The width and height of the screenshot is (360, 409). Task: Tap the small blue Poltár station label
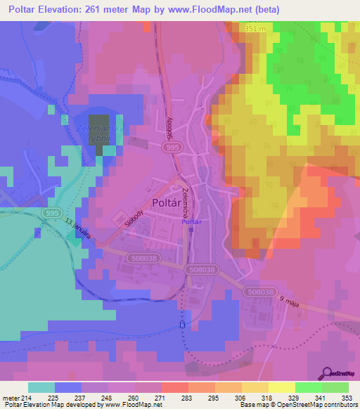coord(191,222)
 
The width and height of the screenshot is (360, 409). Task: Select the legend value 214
coord(26,398)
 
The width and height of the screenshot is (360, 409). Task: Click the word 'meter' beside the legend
coord(11,398)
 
